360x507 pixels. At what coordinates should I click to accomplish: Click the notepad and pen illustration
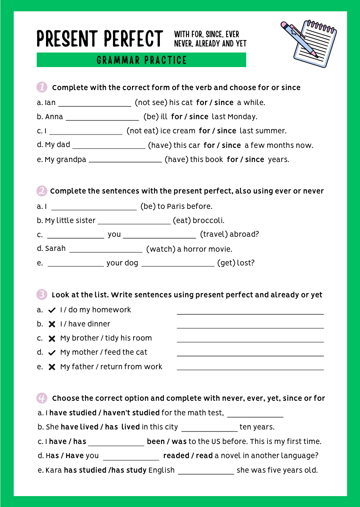point(309,43)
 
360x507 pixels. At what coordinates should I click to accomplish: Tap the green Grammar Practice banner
point(141,60)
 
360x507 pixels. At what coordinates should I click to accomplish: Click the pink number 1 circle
point(42,87)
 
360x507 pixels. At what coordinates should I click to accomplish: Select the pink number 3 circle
point(42,295)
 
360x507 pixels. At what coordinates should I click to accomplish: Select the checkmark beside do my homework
point(52,310)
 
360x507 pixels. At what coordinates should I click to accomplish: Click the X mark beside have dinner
point(52,324)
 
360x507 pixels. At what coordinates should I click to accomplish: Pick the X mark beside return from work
point(52,367)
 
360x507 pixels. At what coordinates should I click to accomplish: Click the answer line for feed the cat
point(250,354)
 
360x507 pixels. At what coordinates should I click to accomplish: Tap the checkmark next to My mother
point(52,353)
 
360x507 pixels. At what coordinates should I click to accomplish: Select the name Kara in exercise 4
point(53,470)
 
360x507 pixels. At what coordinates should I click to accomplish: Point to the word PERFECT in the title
point(134,39)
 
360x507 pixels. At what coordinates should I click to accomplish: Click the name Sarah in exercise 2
point(55,248)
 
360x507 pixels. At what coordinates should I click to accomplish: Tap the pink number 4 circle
point(42,398)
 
